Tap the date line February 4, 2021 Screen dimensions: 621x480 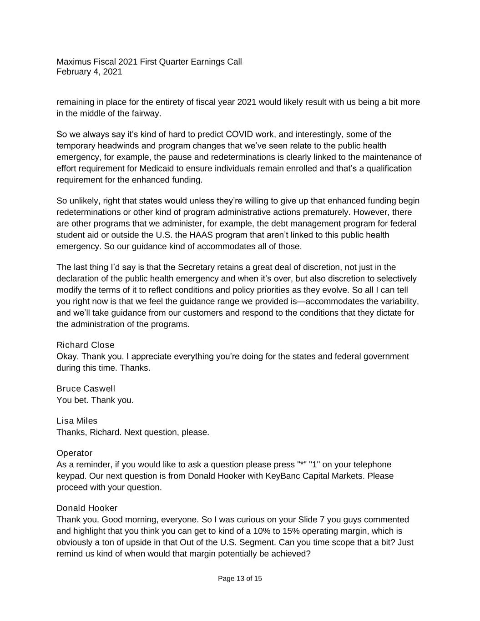pos(89,72)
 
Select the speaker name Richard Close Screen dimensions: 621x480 pos(86,345)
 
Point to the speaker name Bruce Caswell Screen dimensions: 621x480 pos(86,389)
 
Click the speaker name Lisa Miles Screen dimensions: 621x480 pos(77,421)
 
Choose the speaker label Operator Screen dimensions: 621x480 pos(74,453)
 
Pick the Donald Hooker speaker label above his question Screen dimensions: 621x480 pos(87,508)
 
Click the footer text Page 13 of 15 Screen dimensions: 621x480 pos(240,579)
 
